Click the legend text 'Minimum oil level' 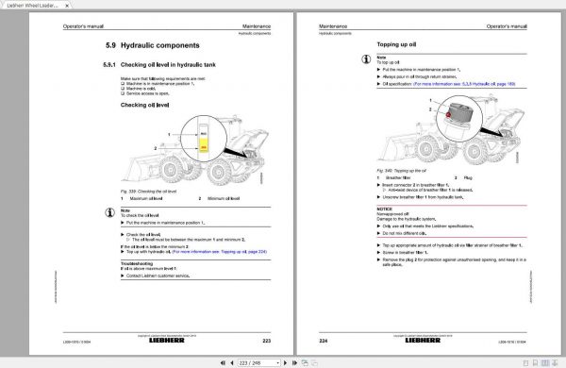click(x=225, y=199)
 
